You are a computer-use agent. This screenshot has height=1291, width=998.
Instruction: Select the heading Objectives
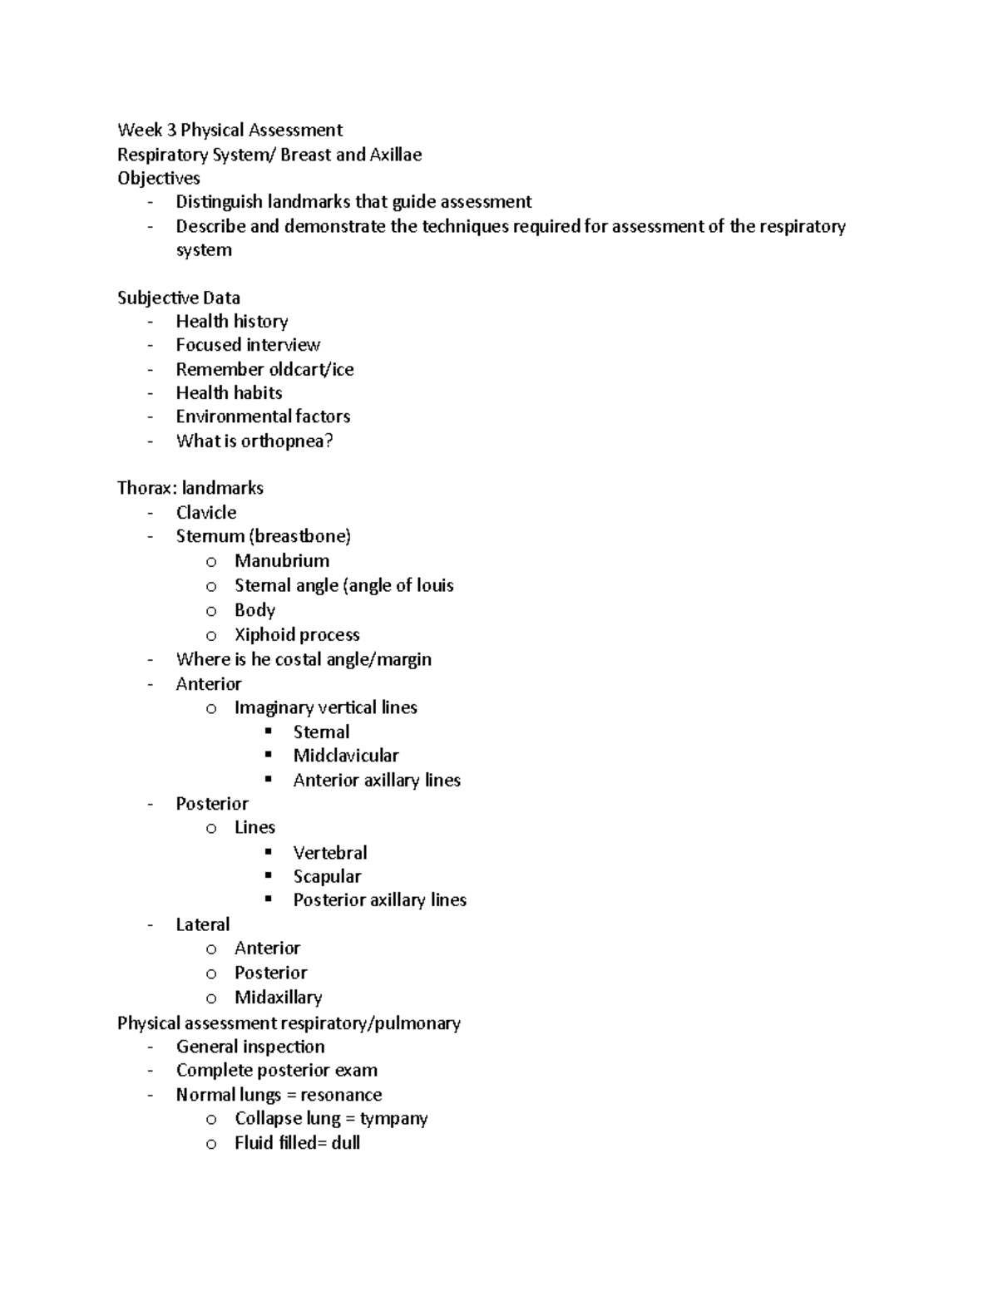click(158, 178)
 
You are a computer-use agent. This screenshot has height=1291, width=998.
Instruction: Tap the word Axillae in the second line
click(395, 155)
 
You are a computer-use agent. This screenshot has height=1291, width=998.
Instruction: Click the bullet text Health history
click(231, 321)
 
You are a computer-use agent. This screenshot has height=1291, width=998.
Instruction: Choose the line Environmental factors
click(263, 416)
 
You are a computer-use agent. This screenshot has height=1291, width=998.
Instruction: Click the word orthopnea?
click(287, 441)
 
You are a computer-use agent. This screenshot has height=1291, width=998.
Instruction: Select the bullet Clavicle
click(205, 512)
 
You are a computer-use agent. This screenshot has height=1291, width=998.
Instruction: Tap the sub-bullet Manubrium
click(281, 561)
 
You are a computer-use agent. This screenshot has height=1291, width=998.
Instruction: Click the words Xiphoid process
click(297, 635)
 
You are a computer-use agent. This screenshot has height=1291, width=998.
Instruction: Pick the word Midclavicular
click(345, 756)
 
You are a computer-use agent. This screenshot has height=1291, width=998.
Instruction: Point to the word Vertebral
click(329, 853)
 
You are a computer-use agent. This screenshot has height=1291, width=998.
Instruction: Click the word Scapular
click(327, 876)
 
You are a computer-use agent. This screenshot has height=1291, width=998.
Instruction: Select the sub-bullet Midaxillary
click(278, 998)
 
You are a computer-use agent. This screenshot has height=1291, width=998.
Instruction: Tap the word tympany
click(393, 1119)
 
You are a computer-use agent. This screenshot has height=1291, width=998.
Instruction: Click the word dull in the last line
click(345, 1143)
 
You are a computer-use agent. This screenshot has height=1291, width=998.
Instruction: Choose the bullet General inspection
click(249, 1047)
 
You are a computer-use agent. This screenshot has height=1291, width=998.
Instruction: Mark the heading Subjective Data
click(178, 298)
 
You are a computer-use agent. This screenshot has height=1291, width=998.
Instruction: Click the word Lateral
click(202, 924)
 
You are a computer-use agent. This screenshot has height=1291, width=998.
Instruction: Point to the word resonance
click(341, 1095)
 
